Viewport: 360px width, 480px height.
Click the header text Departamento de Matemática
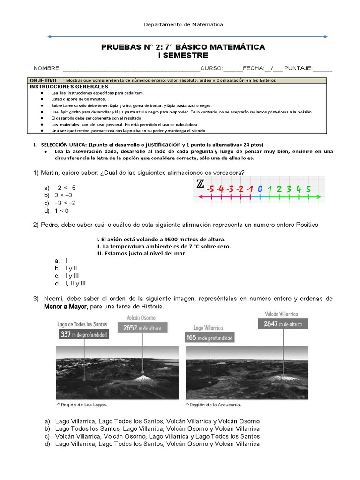(x=183, y=24)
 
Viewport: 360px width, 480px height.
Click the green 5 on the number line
(x=307, y=189)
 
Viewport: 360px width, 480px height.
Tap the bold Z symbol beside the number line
(x=200, y=184)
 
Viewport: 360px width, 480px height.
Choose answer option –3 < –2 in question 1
(x=65, y=203)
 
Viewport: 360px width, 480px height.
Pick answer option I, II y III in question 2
(x=75, y=284)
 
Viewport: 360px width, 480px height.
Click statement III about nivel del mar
(x=141, y=254)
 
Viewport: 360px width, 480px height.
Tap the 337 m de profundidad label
(x=84, y=334)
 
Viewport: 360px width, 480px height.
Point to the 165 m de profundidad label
(x=210, y=337)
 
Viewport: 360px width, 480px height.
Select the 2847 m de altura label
(x=283, y=323)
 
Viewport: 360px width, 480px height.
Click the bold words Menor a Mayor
(x=66, y=307)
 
